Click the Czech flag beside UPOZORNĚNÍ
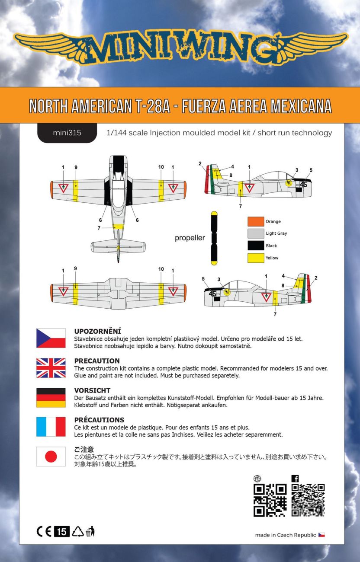51,338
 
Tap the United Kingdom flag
51,368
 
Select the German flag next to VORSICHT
51,397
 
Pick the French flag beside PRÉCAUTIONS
51,427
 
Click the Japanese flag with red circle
51,457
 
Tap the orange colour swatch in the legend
255,221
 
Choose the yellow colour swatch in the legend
255,258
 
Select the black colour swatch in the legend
255,246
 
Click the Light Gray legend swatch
255,233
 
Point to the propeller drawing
214,238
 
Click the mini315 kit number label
67,133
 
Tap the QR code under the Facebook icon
308,500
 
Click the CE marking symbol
44,532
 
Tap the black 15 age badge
61,532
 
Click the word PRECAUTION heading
97,361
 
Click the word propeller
190,238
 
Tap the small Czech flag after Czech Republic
321,535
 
